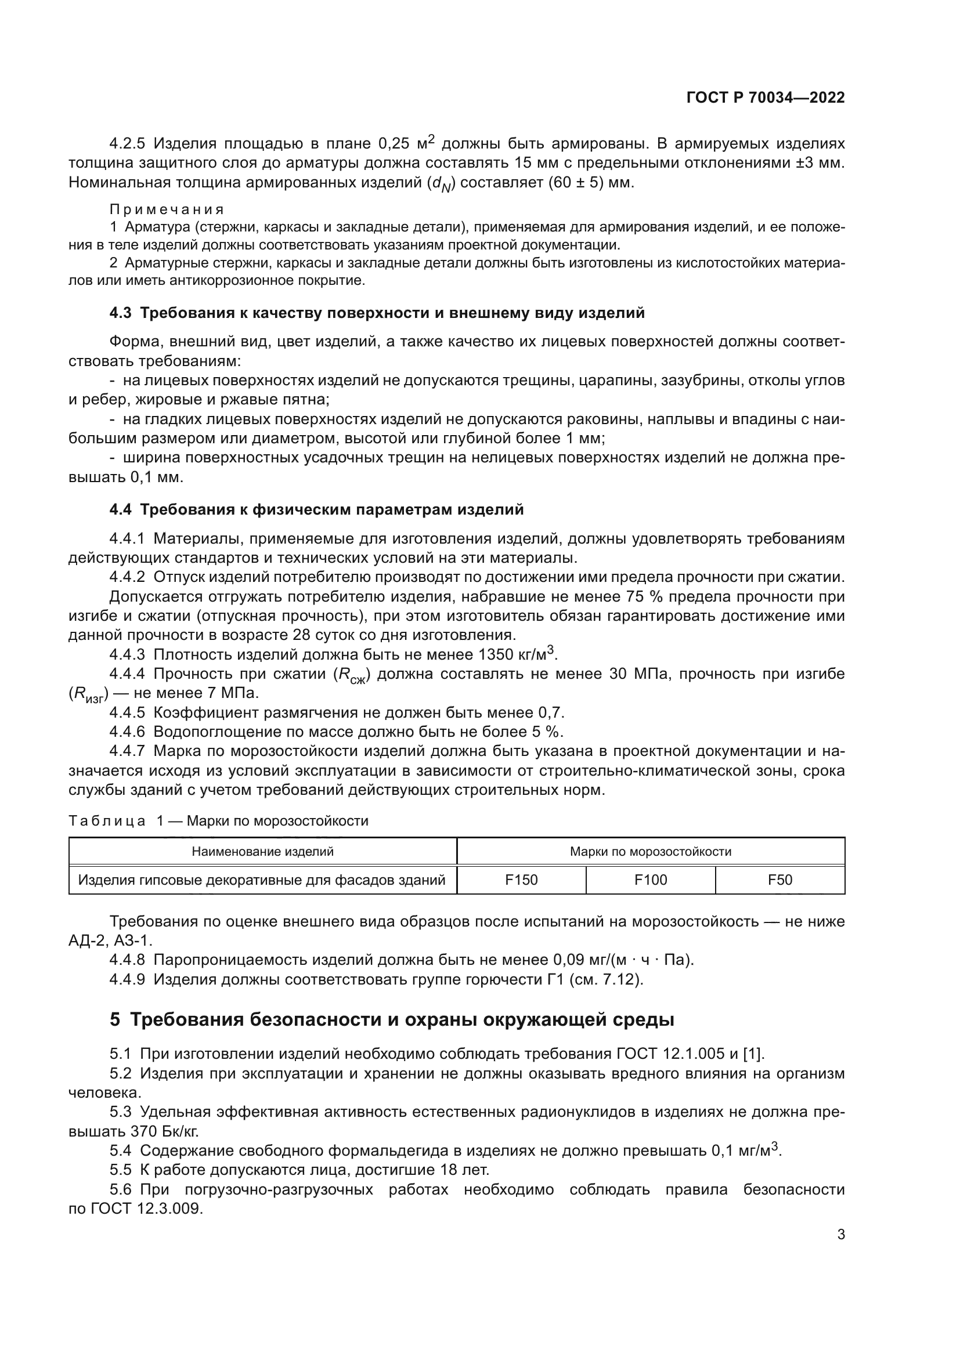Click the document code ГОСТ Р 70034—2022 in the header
tap(766, 97)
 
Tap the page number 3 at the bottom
tap(840, 1234)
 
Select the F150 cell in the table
tap(521, 880)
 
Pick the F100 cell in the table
tap(650, 880)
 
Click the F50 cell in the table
tap(779, 880)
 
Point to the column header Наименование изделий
tap(262, 852)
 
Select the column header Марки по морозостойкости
tap(650, 852)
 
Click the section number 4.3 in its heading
tap(121, 313)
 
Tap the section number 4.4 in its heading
tap(121, 509)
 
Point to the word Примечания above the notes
tap(167, 210)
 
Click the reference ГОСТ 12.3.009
tap(147, 1208)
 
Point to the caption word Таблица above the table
tap(107, 821)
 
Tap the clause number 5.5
tap(121, 1170)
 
